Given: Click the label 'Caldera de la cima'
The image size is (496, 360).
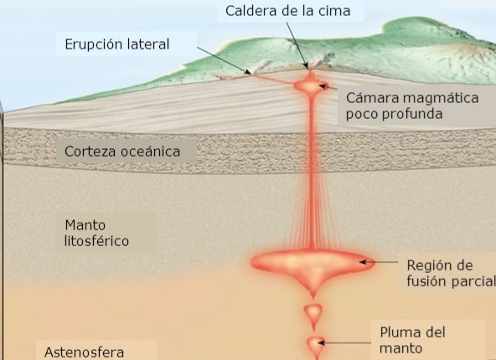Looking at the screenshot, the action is click(287, 11).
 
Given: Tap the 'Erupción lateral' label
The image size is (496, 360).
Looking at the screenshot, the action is click(117, 44).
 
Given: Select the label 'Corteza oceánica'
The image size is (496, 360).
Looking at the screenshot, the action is click(122, 152).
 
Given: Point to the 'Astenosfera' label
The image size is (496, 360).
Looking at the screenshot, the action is click(84, 352).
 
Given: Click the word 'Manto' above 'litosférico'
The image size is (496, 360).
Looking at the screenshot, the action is click(85, 225).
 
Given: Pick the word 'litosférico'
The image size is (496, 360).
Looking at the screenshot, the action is click(96, 241).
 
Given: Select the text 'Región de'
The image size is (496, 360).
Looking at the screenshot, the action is click(440, 265).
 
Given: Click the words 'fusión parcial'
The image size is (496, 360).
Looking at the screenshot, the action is click(451, 281).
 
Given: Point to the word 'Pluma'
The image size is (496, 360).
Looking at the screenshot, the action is click(400, 332).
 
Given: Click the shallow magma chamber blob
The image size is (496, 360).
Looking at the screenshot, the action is click(312, 86).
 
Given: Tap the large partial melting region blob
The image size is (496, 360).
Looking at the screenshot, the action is click(313, 265).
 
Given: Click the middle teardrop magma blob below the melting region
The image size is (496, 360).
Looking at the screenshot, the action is click(313, 315).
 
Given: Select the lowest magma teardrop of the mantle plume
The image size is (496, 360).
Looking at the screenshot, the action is click(315, 346).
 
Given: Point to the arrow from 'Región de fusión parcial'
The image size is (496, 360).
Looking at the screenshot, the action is click(379, 262).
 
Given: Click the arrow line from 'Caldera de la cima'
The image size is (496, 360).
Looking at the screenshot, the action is click(297, 45).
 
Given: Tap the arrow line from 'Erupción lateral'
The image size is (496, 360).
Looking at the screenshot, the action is click(225, 60).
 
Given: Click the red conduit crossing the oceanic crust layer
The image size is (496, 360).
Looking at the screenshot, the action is click(312, 152).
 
